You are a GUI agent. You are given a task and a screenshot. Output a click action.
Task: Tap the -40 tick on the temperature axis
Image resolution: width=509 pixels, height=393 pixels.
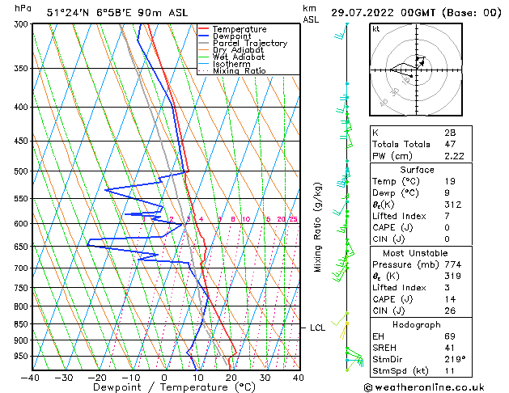pyautogui.click(x=31, y=378)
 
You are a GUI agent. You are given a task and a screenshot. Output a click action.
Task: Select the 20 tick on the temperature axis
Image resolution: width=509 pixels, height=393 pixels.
pyautogui.click(x=231, y=378)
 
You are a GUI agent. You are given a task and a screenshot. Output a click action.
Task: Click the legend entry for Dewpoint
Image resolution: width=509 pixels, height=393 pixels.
pyautogui.click(x=231, y=36)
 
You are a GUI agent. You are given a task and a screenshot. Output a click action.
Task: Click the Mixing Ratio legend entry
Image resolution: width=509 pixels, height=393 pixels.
pyautogui.click(x=240, y=71)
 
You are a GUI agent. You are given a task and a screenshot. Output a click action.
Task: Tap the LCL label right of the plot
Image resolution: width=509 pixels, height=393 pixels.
pyautogui.click(x=317, y=327)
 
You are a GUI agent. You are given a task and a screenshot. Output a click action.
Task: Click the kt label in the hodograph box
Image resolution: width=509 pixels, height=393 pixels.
pyautogui.click(x=376, y=29)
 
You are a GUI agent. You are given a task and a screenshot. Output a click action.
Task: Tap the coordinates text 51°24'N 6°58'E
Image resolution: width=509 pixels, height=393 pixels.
pyautogui.click(x=89, y=13)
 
